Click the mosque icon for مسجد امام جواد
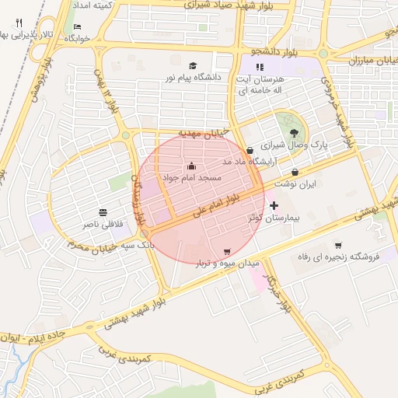(192, 166)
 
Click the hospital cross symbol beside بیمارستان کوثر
(274, 205)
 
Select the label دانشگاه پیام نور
(191, 79)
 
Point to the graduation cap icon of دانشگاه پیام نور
(193, 66)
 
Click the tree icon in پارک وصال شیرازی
(292, 134)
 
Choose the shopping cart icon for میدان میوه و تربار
(227, 251)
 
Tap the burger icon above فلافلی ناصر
(103, 212)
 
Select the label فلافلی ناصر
(102, 224)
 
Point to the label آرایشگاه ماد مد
(248, 162)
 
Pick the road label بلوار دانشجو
(270, 51)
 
